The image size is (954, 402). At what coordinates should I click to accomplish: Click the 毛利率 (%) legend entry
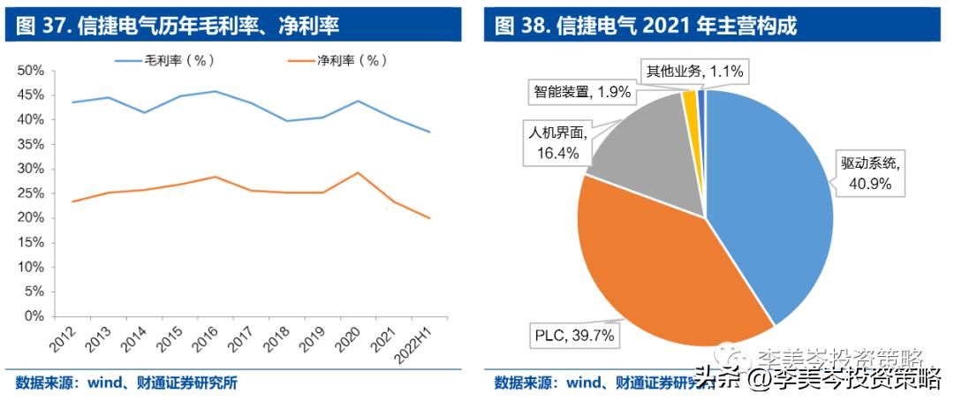pyautogui.click(x=164, y=60)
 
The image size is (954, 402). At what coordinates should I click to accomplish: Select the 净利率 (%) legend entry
pyautogui.click(x=339, y=60)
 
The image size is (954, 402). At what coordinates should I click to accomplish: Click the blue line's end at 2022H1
pyautogui.click(x=430, y=132)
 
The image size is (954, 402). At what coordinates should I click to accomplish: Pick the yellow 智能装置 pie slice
pyautogui.click(x=691, y=104)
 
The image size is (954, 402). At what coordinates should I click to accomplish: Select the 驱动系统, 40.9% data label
pyautogui.click(x=871, y=173)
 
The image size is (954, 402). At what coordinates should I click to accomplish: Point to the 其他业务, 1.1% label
pyautogui.click(x=694, y=72)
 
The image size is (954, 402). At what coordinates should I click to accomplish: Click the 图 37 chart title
pyautogui.click(x=177, y=26)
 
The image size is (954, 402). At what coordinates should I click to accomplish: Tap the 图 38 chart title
pyautogui.click(x=645, y=26)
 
